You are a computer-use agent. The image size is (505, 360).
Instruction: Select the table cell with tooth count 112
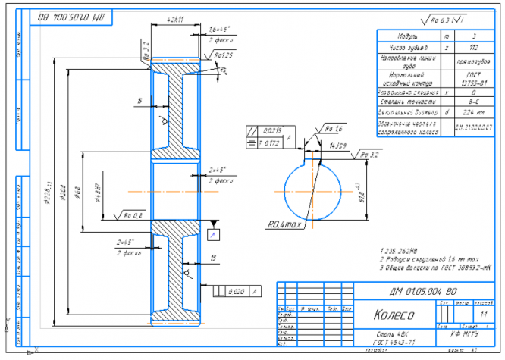click(473, 46)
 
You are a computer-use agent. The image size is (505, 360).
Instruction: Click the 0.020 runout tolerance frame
click(239, 290)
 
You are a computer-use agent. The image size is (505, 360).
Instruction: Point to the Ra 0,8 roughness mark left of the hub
click(133, 216)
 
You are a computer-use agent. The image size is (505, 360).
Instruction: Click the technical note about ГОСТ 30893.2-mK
click(435, 267)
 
